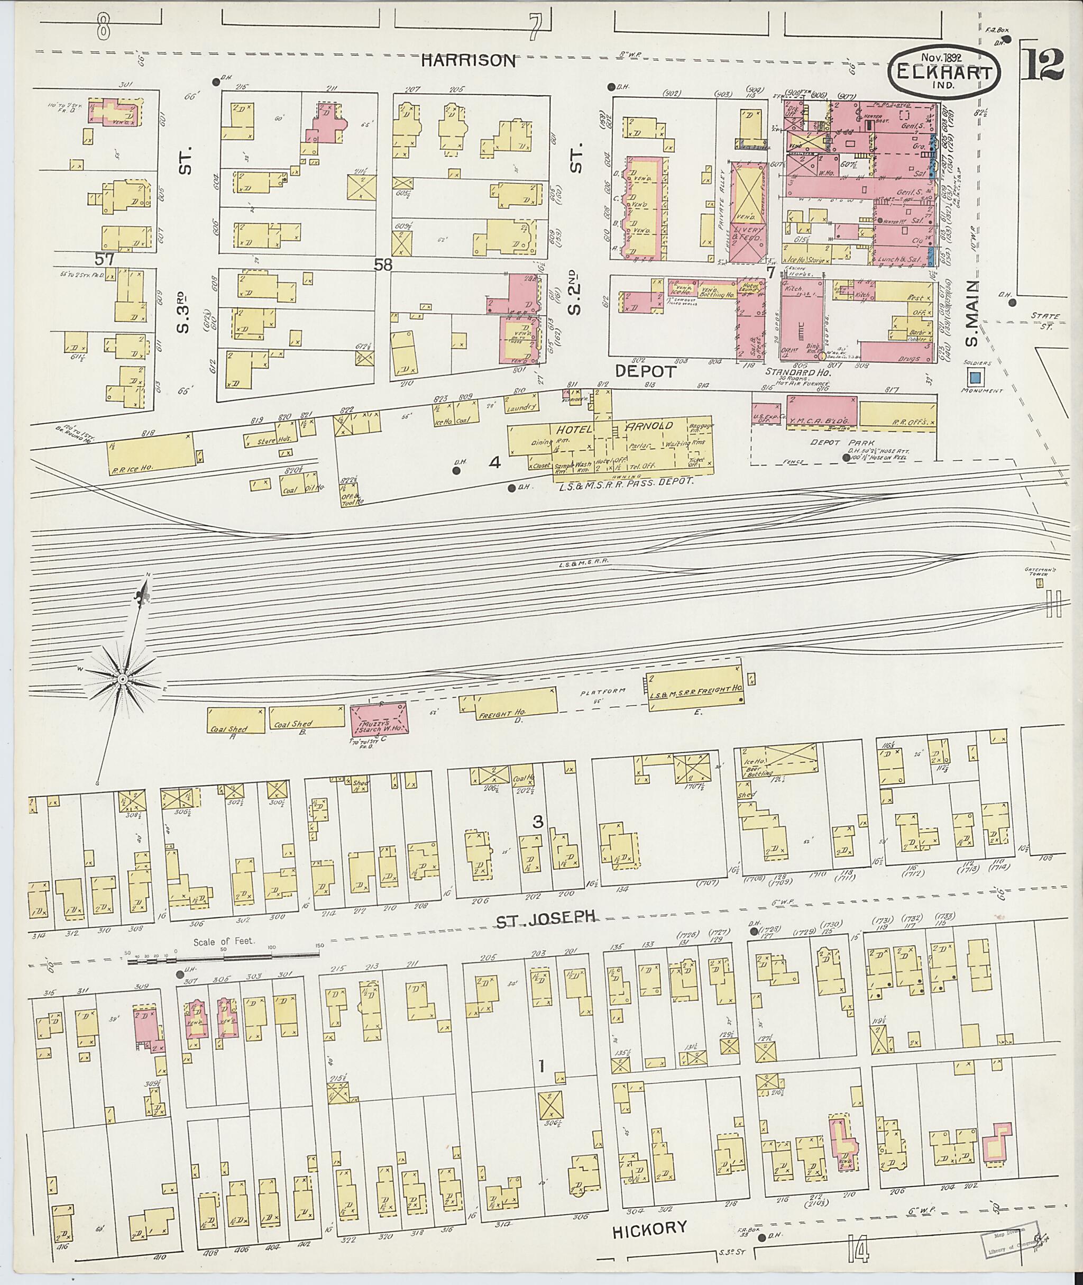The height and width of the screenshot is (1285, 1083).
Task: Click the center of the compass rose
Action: click(x=122, y=679)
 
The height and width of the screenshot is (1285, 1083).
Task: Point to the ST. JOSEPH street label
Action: click(x=546, y=917)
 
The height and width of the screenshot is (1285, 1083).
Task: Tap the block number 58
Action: click(x=383, y=265)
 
